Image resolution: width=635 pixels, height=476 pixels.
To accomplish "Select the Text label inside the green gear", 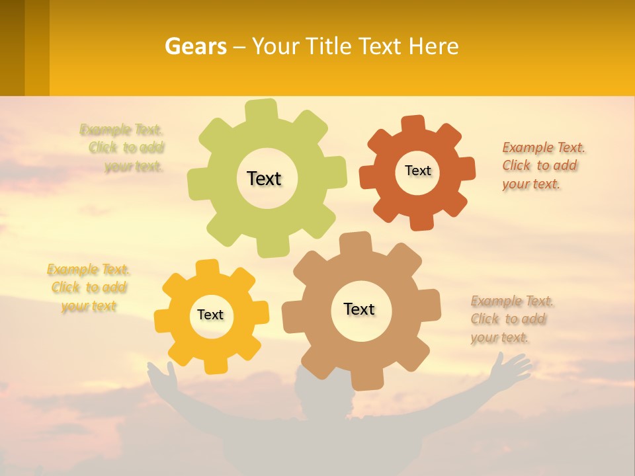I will click(x=264, y=178).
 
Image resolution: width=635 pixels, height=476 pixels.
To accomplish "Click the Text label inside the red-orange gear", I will click(x=417, y=171).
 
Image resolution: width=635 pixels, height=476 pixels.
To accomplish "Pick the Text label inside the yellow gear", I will click(x=210, y=315).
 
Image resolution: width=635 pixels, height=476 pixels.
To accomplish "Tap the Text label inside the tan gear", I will click(x=359, y=309).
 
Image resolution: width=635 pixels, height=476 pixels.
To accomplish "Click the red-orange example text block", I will click(x=542, y=166).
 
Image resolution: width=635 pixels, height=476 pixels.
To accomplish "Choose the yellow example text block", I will click(x=89, y=288).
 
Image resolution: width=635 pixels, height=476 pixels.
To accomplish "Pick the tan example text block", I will click(x=511, y=319).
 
